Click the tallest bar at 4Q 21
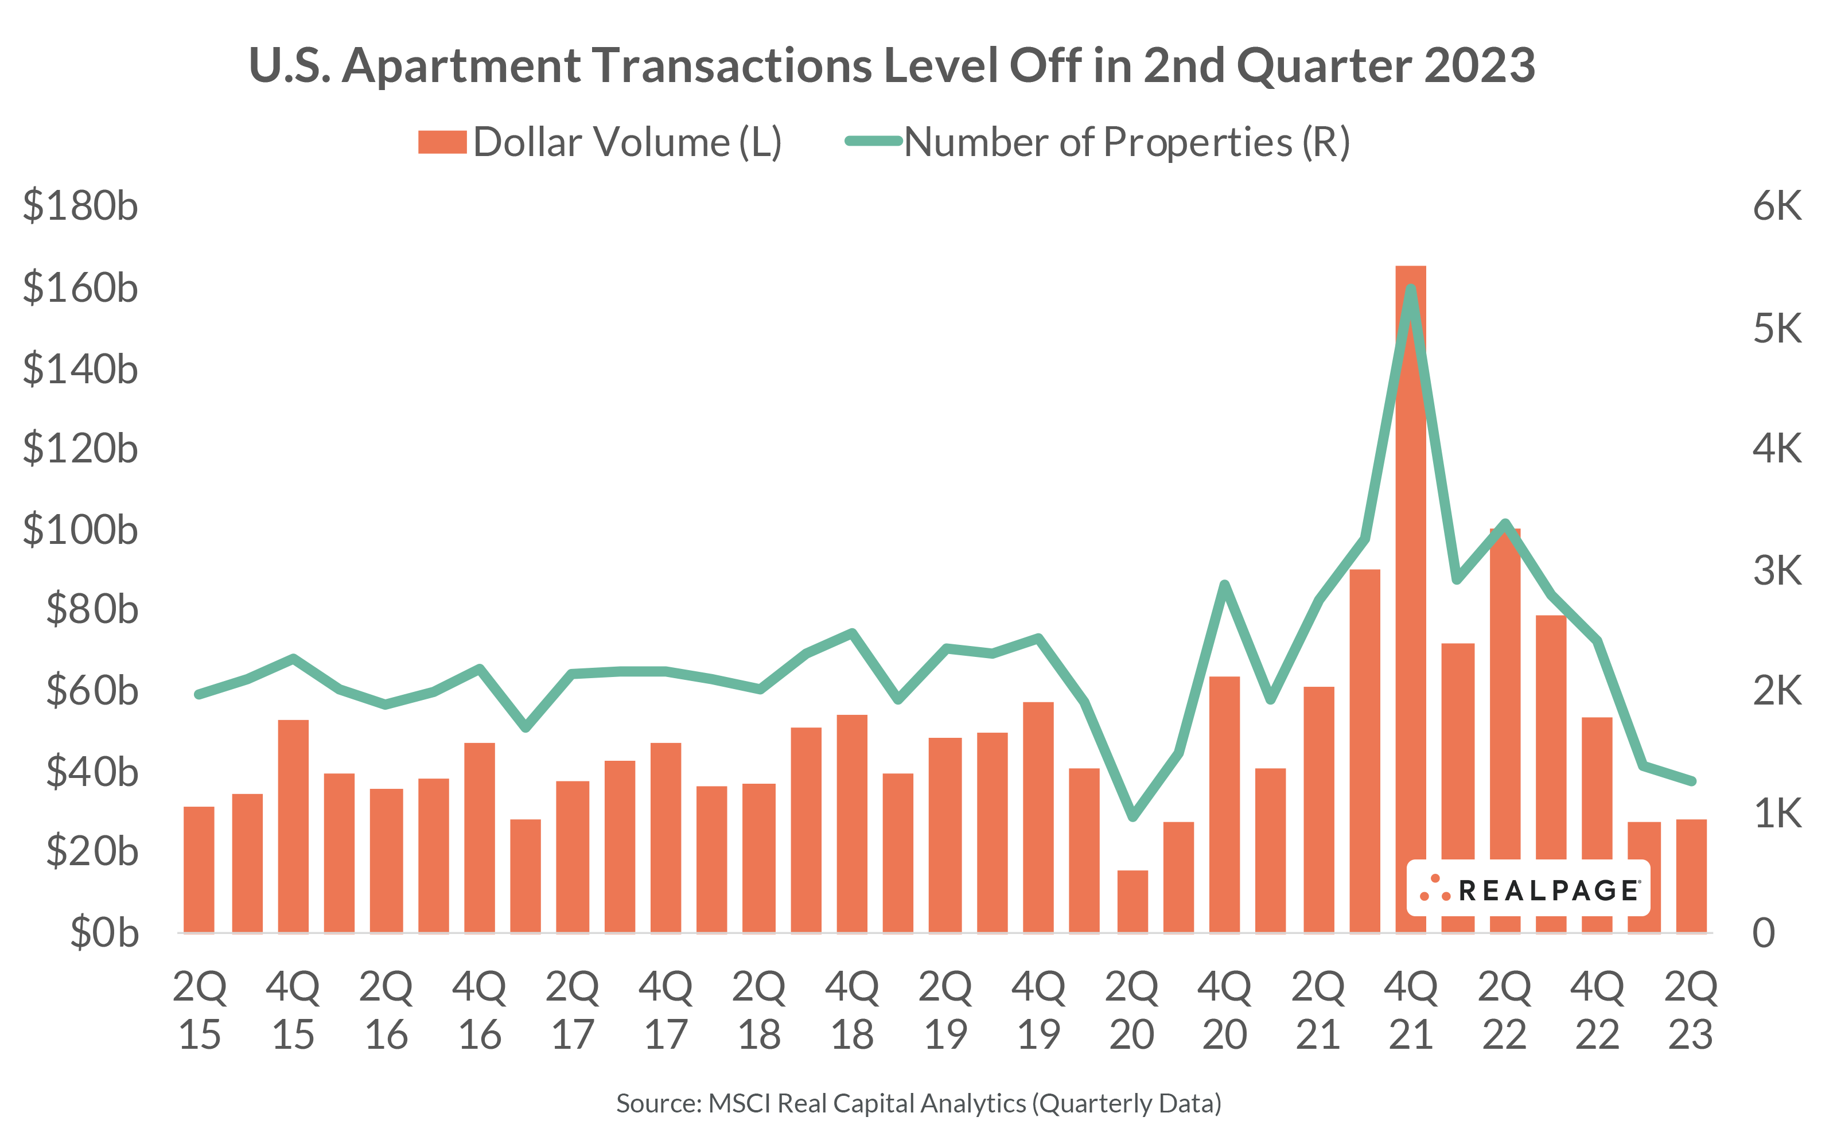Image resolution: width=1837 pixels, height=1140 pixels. point(1410,603)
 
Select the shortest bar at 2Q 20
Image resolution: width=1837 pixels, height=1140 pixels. point(1132,902)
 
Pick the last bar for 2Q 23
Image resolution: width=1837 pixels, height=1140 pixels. point(1691,876)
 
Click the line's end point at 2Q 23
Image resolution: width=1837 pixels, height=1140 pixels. point(1691,781)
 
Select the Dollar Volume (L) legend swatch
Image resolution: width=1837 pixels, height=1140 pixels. point(442,142)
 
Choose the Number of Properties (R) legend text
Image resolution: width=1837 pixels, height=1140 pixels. point(1126,142)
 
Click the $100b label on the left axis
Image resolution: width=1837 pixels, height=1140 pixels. point(81,530)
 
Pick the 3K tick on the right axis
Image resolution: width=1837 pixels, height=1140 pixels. point(1777,570)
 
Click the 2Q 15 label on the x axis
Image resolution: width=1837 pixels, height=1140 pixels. point(199,1010)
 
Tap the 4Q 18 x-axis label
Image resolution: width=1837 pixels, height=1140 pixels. point(852,1010)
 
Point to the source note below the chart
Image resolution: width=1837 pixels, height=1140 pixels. point(918,1103)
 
